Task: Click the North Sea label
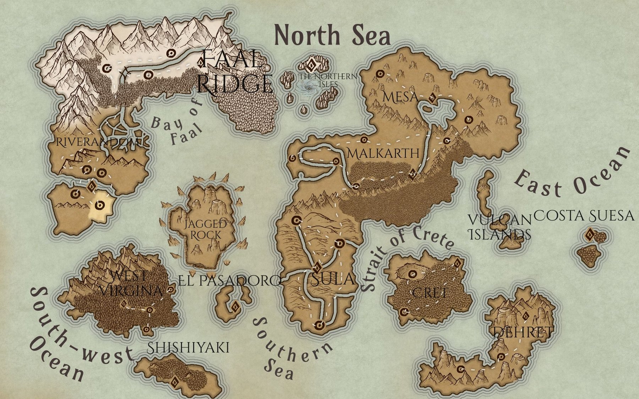tap(332, 35)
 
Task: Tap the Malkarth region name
tap(383, 153)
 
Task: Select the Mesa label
tap(400, 96)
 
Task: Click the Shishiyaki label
tap(188, 348)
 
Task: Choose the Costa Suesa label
tap(584, 215)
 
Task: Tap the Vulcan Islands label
tap(500, 227)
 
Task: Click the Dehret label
tap(523, 332)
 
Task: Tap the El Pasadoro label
tap(230, 281)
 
